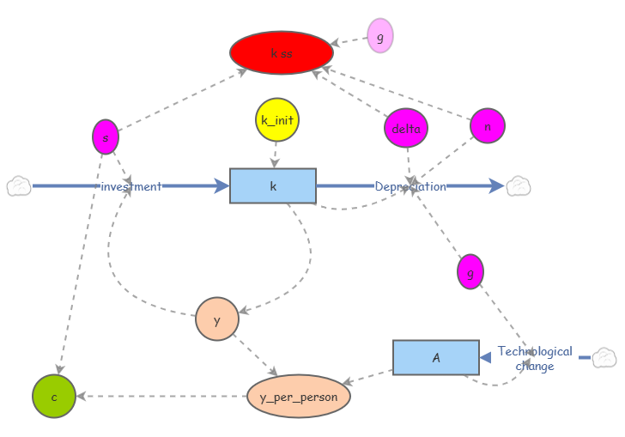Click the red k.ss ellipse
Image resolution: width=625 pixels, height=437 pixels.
(282, 53)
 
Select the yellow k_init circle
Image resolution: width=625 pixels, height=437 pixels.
(276, 119)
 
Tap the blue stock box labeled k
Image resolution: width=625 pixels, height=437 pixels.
(273, 185)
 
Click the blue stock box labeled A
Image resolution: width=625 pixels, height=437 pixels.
(435, 357)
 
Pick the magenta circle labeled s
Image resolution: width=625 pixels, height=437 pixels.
(105, 137)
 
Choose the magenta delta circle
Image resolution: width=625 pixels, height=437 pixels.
(405, 129)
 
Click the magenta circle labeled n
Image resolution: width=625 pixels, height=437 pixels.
(488, 126)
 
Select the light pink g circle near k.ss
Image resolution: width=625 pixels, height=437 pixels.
(379, 36)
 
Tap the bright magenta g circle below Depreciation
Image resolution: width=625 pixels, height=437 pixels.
(470, 272)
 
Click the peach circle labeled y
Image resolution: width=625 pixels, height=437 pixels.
(216, 319)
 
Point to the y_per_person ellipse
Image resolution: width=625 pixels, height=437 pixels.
(299, 397)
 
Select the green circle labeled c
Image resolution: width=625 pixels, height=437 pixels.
(54, 397)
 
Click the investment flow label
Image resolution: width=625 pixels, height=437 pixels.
(130, 186)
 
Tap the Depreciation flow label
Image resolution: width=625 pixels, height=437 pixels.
(410, 186)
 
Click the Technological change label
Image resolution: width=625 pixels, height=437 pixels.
(535, 359)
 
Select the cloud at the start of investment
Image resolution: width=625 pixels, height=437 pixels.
(19, 185)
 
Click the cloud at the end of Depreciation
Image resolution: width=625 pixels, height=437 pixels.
(519, 185)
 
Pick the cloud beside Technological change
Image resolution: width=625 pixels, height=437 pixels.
(604, 357)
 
